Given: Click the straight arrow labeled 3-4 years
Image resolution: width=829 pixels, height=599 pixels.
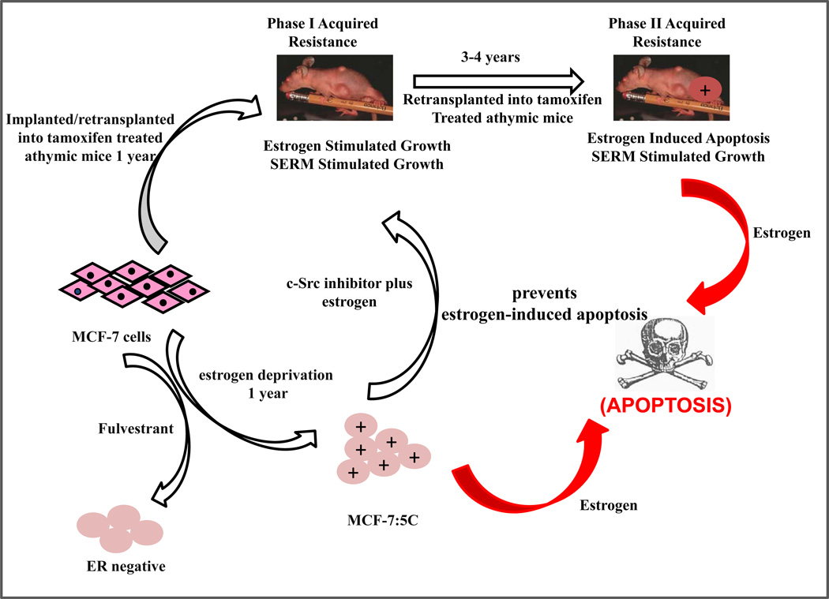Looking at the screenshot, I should click(498, 80).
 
